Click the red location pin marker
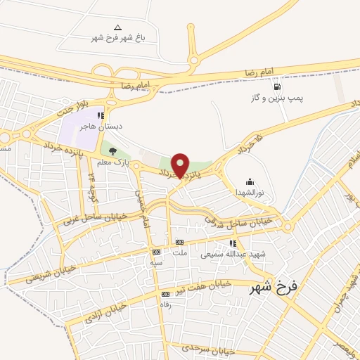pos(181,165)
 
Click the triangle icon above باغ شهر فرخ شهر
pos(117,26)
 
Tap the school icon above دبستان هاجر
pos(101,115)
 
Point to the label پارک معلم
pos(114,162)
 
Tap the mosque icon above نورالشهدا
pos(248,181)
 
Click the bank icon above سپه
pos(156,251)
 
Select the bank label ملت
pos(181,262)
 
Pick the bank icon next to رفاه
pos(165,294)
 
